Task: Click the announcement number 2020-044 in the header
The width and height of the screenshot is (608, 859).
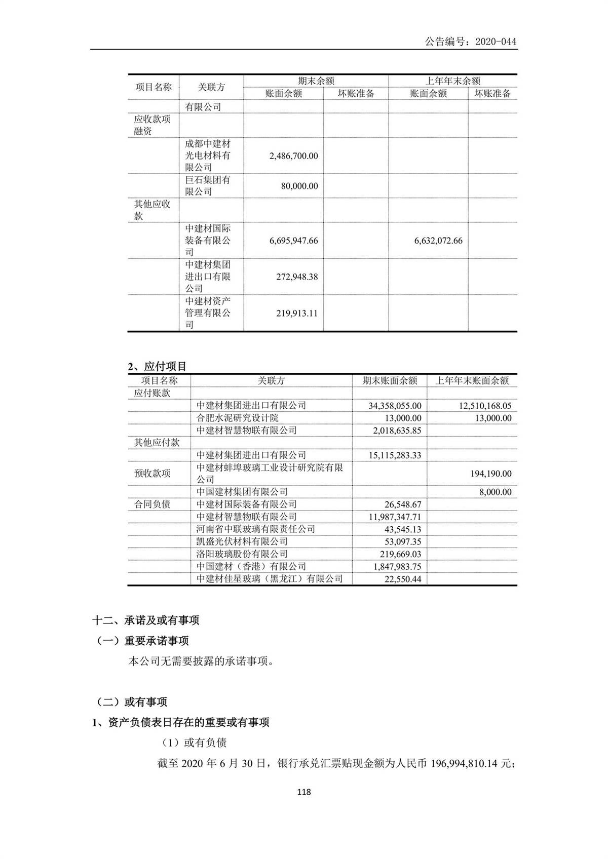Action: tap(496, 42)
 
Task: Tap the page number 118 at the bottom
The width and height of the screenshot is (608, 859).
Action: tap(304, 792)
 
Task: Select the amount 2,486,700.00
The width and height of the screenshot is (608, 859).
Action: tap(294, 156)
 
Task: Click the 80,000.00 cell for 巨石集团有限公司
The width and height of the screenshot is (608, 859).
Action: tap(299, 186)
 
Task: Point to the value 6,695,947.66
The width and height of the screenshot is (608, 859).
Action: tap(294, 241)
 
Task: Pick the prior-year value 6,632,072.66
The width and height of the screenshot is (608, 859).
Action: tap(438, 241)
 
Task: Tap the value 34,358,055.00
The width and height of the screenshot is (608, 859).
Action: tap(395, 406)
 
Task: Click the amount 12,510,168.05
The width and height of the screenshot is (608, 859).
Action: tap(479, 406)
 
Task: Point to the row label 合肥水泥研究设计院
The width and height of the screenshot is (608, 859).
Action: tap(237, 418)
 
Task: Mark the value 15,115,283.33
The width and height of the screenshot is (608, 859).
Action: tap(395, 455)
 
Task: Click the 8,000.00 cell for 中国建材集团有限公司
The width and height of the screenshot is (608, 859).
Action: tap(495, 492)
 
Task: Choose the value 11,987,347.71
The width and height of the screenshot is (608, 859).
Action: tap(395, 517)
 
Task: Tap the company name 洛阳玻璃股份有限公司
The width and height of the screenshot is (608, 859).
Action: tap(242, 554)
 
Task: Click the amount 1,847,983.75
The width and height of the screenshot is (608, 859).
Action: tap(397, 566)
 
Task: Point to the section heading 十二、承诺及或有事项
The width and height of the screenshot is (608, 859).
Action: tap(145, 620)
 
